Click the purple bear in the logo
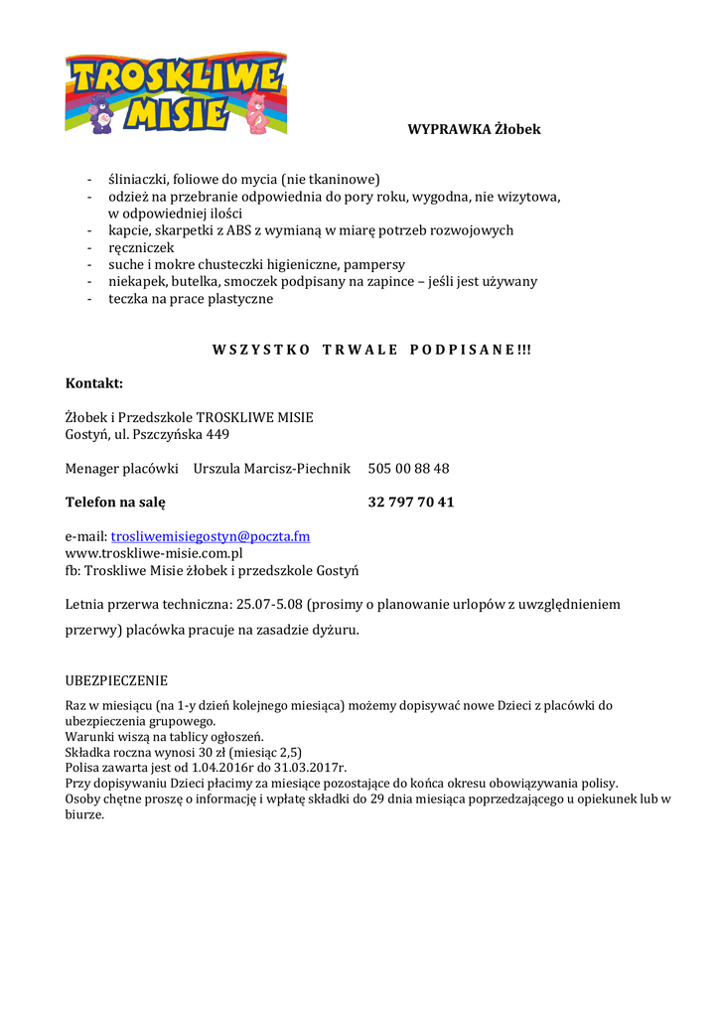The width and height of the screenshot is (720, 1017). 101,113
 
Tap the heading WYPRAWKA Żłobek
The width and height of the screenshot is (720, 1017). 474,129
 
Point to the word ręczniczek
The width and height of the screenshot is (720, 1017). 141,247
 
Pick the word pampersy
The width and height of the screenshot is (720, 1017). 374,264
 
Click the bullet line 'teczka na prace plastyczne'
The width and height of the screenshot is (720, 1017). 190,298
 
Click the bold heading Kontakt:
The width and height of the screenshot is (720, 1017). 94,383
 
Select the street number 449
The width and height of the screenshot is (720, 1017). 216,434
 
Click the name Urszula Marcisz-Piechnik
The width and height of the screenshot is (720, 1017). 272,468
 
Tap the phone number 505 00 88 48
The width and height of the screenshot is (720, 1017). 408,468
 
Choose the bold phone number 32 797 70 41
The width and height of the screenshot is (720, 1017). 410,502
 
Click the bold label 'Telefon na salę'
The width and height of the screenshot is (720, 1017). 115,502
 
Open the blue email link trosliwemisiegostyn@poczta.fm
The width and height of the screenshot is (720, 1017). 211,536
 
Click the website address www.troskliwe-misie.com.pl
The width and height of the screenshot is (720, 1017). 154,553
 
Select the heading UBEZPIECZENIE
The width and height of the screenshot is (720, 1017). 116,680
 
